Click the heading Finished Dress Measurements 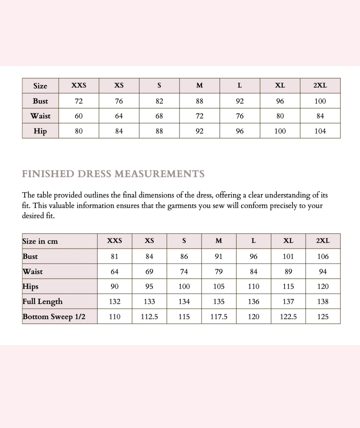pyautogui.click(x=113, y=174)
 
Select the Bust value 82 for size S pyautogui.click(x=159, y=101)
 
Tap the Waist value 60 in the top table pyautogui.click(x=79, y=116)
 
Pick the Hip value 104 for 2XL pyautogui.click(x=320, y=131)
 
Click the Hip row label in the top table pyautogui.click(x=40, y=131)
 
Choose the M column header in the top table pyautogui.click(x=199, y=86)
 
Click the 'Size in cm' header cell pyautogui.click(x=40, y=241)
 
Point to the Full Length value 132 pyautogui.click(x=115, y=302)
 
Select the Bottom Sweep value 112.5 pyautogui.click(x=149, y=317)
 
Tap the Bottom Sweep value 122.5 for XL pyautogui.click(x=288, y=317)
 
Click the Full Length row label pyautogui.click(x=43, y=302)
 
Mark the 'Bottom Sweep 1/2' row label pyautogui.click(x=54, y=317)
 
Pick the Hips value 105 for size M pyautogui.click(x=219, y=287)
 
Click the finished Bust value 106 pyautogui.click(x=323, y=257)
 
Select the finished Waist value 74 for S pyautogui.click(x=184, y=272)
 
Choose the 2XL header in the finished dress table pyautogui.click(x=323, y=241)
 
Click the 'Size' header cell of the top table pyautogui.click(x=40, y=86)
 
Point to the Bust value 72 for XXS pyautogui.click(x=79, y=101)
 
